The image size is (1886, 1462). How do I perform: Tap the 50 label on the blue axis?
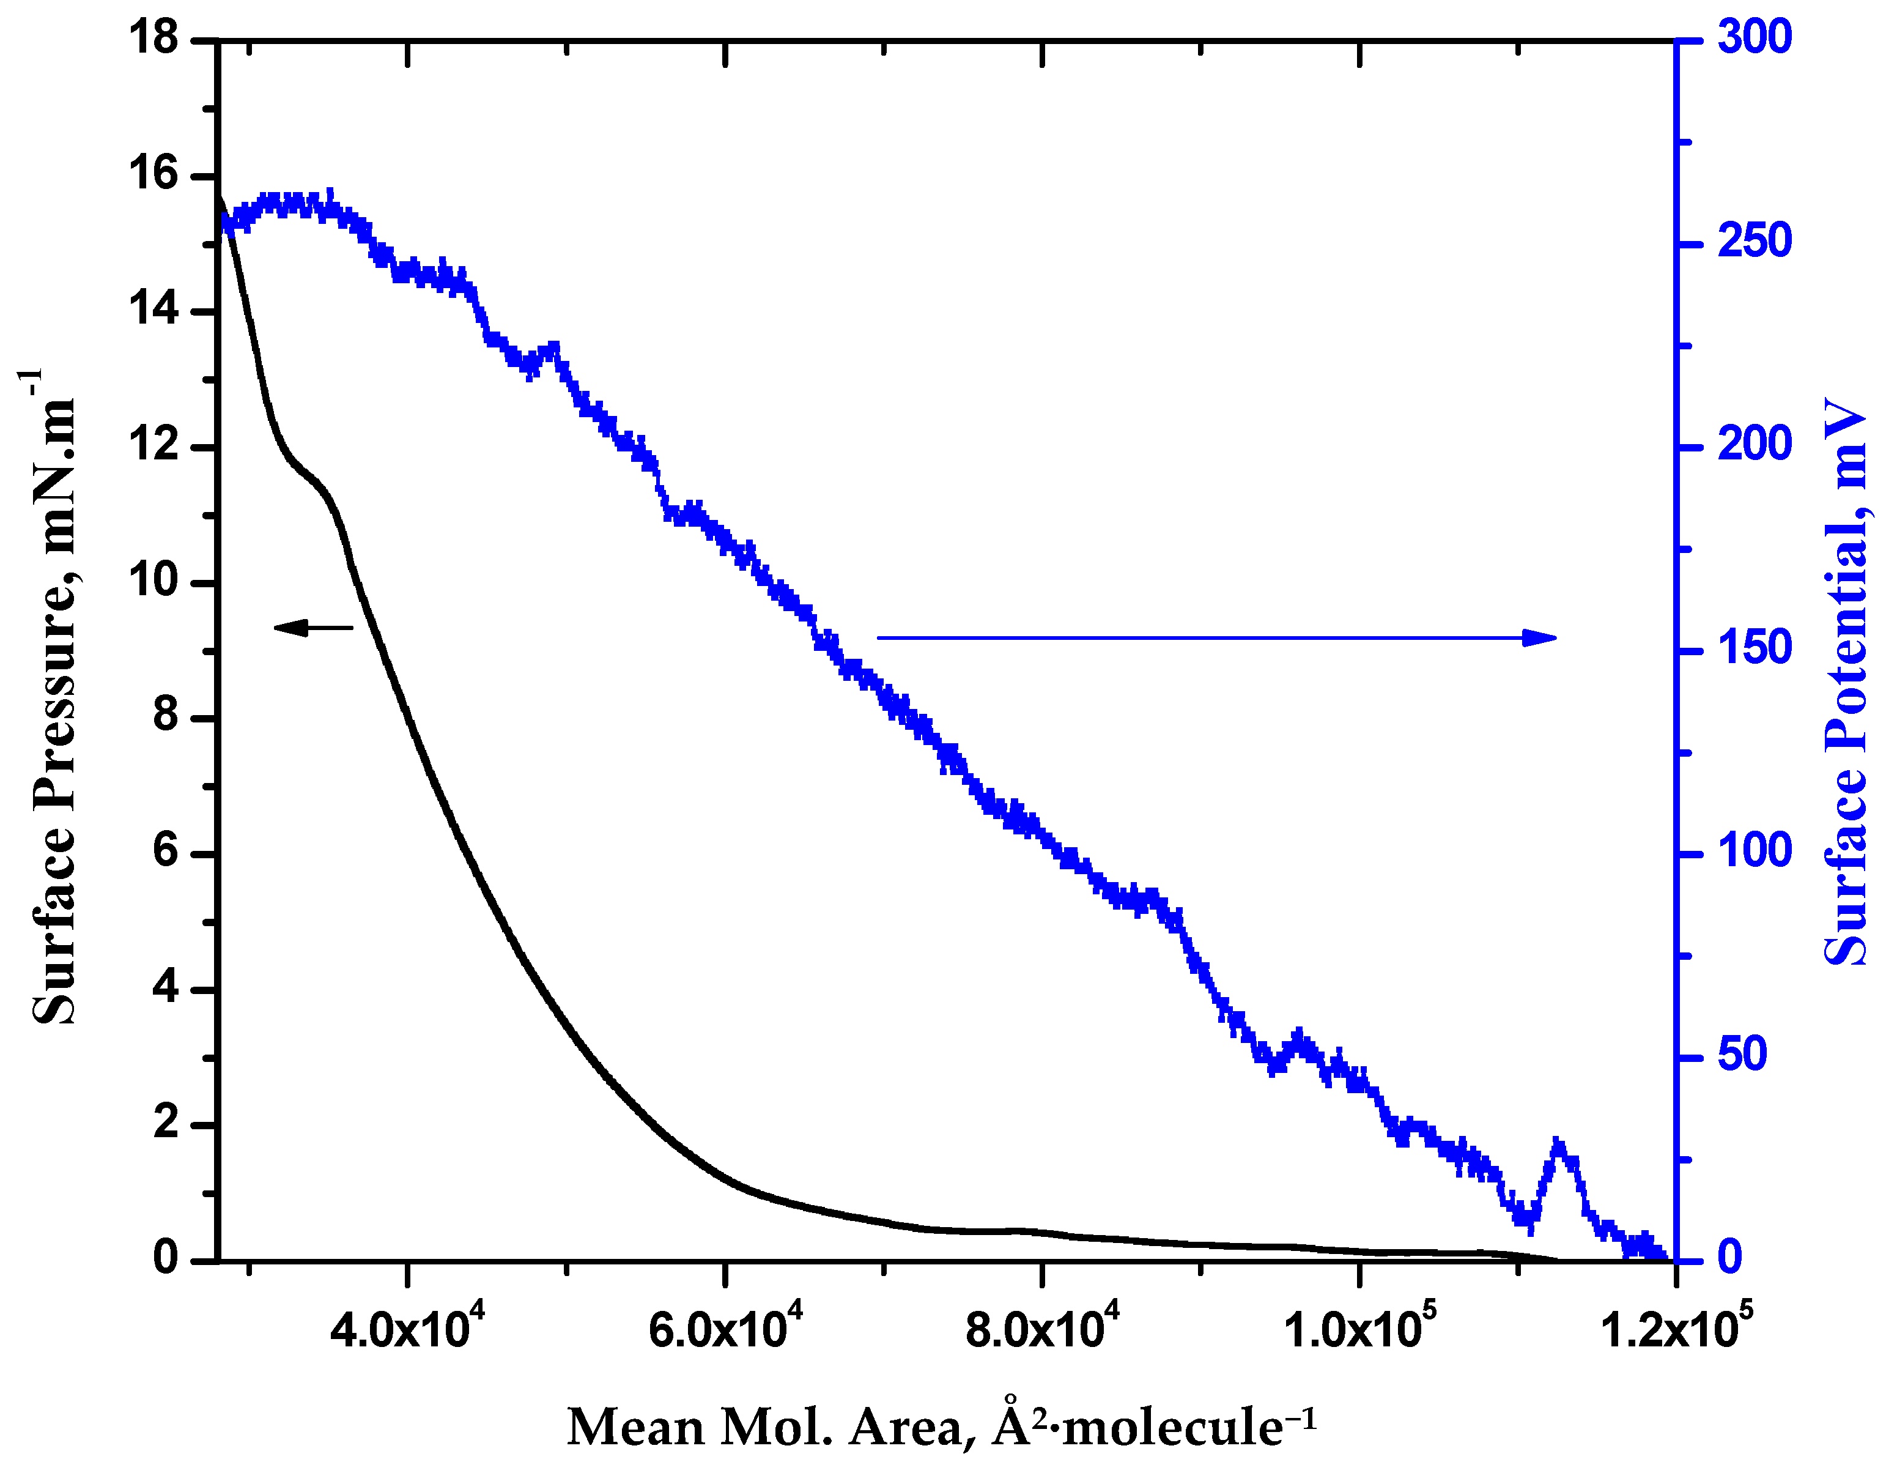tap(1743, 1055)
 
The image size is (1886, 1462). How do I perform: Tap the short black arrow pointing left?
tap(312, 628)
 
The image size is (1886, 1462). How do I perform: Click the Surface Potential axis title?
tap(1846, 682)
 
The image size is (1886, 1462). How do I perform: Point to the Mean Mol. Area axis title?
tap(941, 1427)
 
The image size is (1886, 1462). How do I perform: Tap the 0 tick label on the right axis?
tap(1729, 1258)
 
